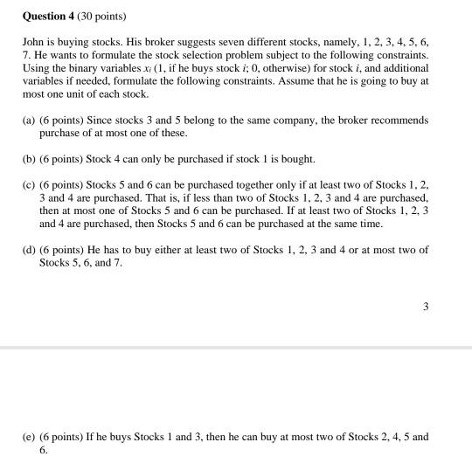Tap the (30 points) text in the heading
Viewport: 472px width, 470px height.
[x=109, y=15]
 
